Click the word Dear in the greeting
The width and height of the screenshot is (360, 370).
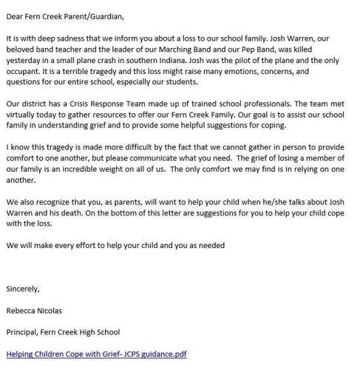tap(15, 14)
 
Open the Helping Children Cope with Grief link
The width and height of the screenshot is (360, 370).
tap(96, 354)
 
